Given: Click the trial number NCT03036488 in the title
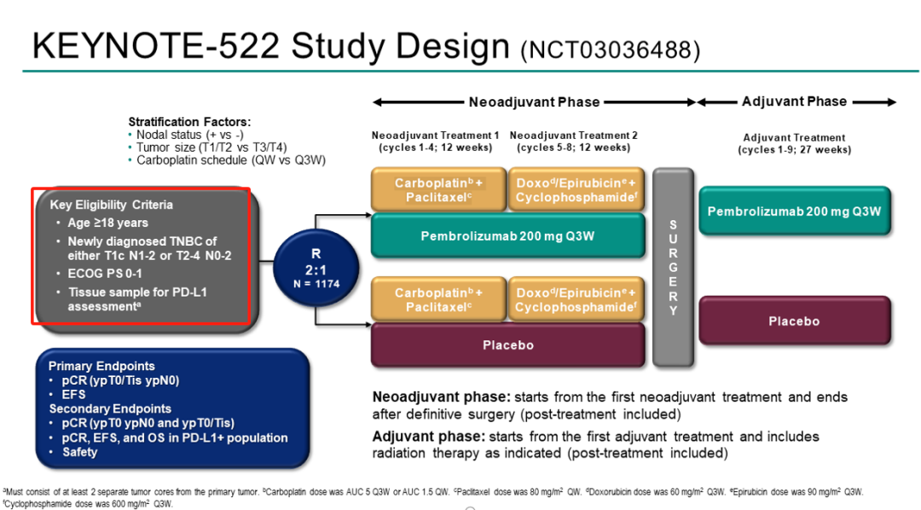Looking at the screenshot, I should coord(610,50).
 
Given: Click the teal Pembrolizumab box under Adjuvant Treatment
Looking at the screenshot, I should coord(794,211).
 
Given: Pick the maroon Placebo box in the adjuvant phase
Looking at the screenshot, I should coord(794,322).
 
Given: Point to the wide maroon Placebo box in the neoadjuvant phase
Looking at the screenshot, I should coord(507,345).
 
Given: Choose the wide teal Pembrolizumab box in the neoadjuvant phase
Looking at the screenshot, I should coord(507,235).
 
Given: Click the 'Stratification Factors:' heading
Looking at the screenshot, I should coord(189,122).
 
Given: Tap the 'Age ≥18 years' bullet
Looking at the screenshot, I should coord(108,223).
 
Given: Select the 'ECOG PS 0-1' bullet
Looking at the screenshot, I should coord(106,275).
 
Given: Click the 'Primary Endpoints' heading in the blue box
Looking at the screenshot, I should coord(101,366).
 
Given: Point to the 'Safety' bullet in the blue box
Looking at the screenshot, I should coord(80,452).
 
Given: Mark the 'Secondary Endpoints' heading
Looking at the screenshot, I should coord(110,409).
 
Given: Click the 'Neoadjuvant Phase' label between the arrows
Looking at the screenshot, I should coord(535,102).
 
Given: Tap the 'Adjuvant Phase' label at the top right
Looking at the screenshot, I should coord(794,101).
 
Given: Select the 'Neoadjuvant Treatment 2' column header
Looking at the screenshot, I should coord(573,136).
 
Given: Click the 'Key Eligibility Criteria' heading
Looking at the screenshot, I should coord(111,205).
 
